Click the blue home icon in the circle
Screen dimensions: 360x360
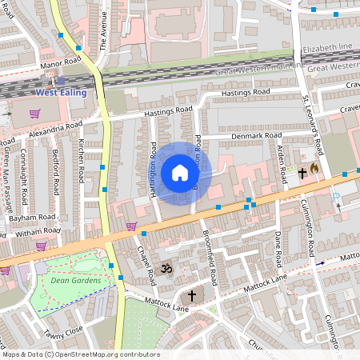point(179,173)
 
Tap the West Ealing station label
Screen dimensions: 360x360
point(62,93)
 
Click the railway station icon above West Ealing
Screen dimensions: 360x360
point(61,81)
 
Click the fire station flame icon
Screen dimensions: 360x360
point(314,169)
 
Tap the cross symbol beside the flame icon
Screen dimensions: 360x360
point(303,172)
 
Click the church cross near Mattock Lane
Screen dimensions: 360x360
point(191,296)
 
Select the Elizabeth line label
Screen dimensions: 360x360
point(327,47)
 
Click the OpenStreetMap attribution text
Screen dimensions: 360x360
point(80,354)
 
